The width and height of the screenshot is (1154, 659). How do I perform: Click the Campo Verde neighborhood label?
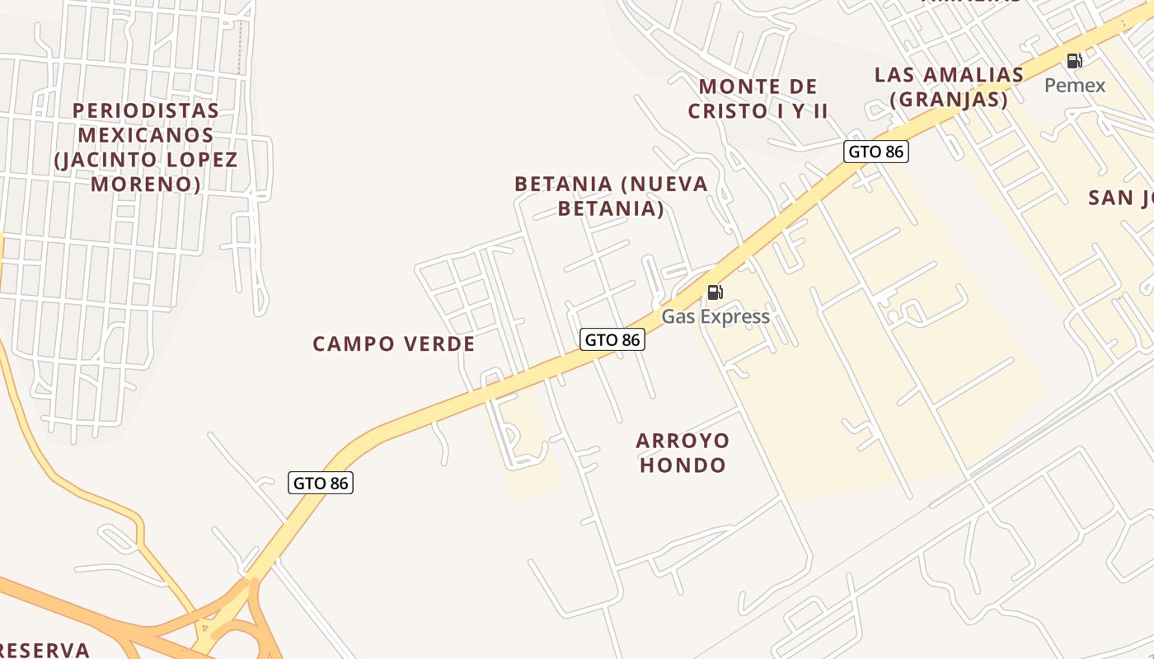(393, 344)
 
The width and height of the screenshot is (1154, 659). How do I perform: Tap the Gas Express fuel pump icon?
(715, 292)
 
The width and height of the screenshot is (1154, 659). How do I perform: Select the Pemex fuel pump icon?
(1074, 61)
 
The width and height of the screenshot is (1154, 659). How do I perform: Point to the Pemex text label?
(1075, 85)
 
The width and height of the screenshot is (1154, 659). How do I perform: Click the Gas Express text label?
(715, 316)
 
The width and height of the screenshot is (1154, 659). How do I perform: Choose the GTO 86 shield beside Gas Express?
(612, 339)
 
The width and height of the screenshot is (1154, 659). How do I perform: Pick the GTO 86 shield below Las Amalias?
(875, 152)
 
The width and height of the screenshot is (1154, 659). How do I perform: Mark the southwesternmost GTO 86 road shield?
(321, 483)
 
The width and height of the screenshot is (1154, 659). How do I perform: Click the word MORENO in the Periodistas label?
(145, 184)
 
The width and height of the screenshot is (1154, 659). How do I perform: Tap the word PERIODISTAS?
(146, 110)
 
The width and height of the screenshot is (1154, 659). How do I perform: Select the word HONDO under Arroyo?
(683, 465)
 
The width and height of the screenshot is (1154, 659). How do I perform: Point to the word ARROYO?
(683, 441)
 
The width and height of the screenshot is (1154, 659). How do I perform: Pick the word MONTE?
(737, 86)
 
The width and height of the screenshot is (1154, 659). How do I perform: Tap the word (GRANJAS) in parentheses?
(949, 100)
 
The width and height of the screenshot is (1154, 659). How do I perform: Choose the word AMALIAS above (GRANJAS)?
(972, 75)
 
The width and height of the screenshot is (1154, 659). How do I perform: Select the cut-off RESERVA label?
(45, 650)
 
